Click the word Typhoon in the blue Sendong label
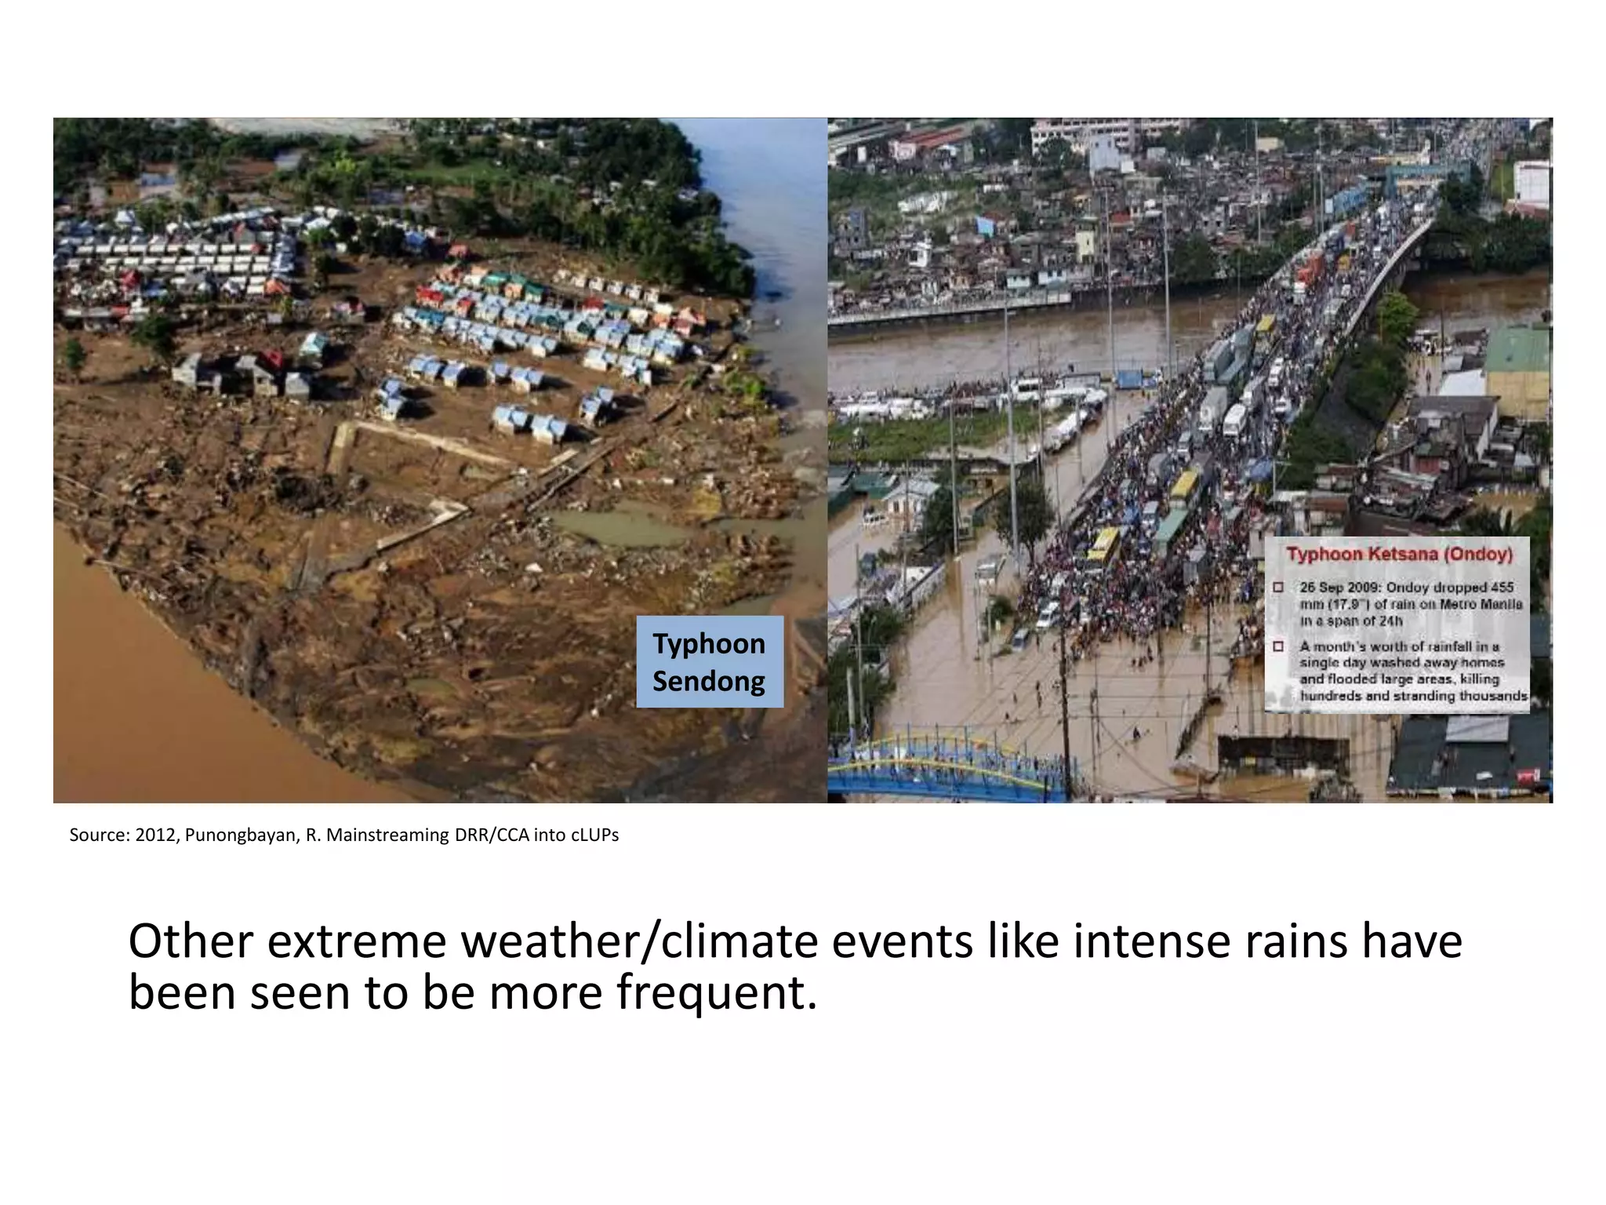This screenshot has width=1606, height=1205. tap(709, 644)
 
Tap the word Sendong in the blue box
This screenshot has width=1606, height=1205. tap(709, 681)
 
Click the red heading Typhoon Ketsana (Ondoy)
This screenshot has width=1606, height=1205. tap(1399, 555)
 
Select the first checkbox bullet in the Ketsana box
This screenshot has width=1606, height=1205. tap(1278, 588)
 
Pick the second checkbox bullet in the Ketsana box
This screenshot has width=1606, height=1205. tap(1278, 646)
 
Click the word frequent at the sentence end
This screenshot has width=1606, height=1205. tap(715, 993)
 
